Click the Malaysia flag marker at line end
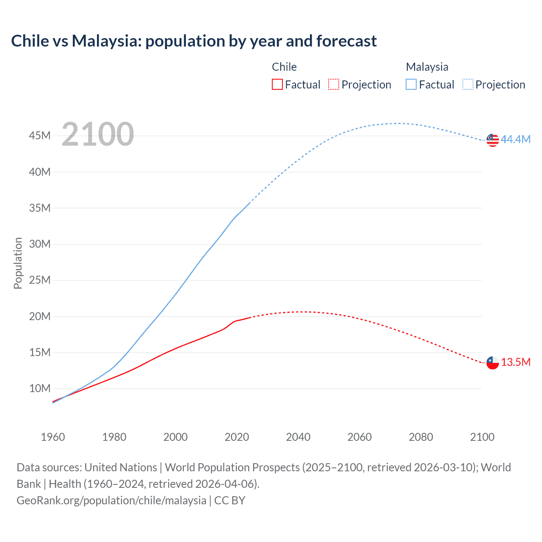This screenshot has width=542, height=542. [492, 140]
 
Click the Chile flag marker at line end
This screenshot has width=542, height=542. [492, 363]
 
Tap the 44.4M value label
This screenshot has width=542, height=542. [515, 139]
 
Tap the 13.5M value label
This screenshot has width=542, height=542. [515, 362]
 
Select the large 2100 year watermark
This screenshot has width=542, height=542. [98, 134]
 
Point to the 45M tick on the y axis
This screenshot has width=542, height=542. [40, 135]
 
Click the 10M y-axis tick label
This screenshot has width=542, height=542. [40, 388]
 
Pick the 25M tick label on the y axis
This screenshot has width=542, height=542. [40, 280]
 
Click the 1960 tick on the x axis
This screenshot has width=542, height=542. [53, 437]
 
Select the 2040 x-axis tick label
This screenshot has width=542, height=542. [298, 437]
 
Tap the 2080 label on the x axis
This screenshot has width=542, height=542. [421, 437]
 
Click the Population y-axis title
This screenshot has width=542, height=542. [18, 263]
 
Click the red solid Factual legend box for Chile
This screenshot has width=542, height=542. [277, 84]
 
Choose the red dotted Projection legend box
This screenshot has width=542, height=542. [334, 84]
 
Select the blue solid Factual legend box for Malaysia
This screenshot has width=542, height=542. [411, 84]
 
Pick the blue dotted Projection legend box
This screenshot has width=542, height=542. [468, 84]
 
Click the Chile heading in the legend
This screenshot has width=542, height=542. [284, 67]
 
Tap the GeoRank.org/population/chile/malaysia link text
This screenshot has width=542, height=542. [111, 501]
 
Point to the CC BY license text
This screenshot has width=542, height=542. [230, 501]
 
